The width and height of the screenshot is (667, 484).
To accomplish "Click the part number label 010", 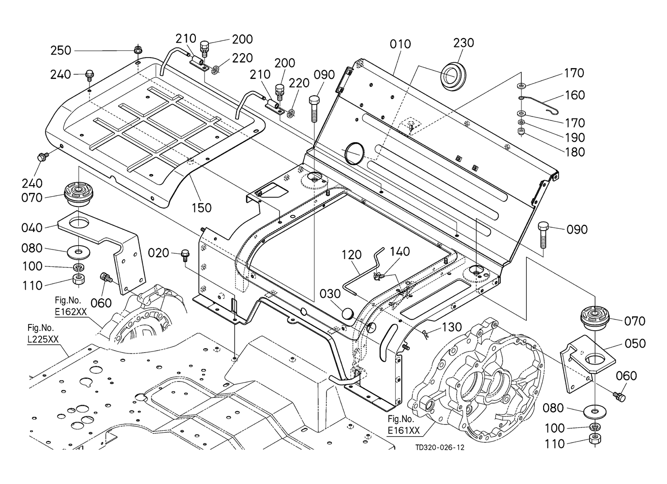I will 400,44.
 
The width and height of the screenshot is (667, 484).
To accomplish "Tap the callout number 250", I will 61,50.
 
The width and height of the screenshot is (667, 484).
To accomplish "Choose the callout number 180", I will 575,152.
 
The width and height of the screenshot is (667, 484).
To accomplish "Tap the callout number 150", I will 202,208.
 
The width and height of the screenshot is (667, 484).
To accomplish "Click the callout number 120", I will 352,254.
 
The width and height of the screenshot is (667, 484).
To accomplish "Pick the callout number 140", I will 400,251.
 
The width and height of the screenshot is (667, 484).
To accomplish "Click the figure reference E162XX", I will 71,312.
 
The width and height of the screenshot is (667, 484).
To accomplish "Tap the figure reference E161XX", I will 403,430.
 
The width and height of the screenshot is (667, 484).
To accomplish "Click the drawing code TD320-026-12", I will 440,448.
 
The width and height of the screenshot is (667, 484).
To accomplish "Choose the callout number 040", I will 32,227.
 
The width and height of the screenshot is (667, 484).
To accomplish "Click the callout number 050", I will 635,343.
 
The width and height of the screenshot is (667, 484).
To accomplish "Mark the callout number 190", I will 575,137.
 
